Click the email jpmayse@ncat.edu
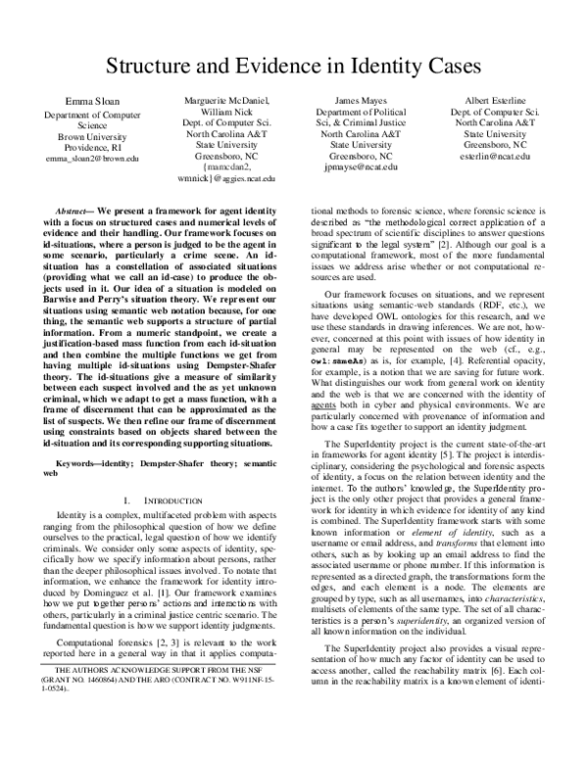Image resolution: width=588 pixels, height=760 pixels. click(361, 166)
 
